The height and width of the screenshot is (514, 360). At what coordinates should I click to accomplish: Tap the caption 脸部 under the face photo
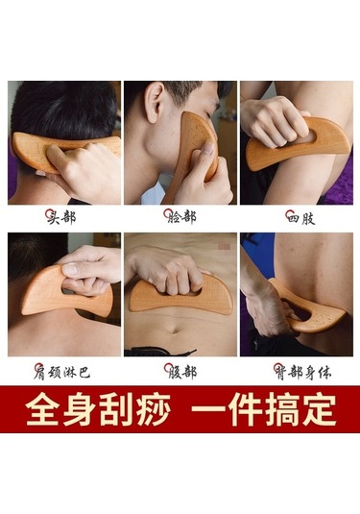pos(180,217)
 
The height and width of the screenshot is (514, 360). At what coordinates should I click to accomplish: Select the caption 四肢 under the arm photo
pos(300,217)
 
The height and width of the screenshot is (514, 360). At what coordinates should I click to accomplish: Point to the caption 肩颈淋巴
pos(61,372)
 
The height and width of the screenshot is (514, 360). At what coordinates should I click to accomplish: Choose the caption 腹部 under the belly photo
pos(180,372)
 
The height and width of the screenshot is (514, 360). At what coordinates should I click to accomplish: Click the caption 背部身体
pos(302,372)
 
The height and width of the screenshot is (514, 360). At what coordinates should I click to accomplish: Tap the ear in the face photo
pos(155,102)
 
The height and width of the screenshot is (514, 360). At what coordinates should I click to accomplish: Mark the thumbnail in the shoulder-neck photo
pos(70,269)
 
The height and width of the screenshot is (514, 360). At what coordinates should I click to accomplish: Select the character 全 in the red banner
pos(42,409)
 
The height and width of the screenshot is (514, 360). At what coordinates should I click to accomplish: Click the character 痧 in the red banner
pos(153,409)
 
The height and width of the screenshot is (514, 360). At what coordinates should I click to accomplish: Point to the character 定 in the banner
pos(319,409)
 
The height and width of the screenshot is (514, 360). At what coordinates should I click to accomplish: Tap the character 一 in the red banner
pos(208,409)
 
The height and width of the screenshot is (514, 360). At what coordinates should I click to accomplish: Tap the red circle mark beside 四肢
pos(289,214)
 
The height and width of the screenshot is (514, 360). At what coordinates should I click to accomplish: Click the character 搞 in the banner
pos(282,409)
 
